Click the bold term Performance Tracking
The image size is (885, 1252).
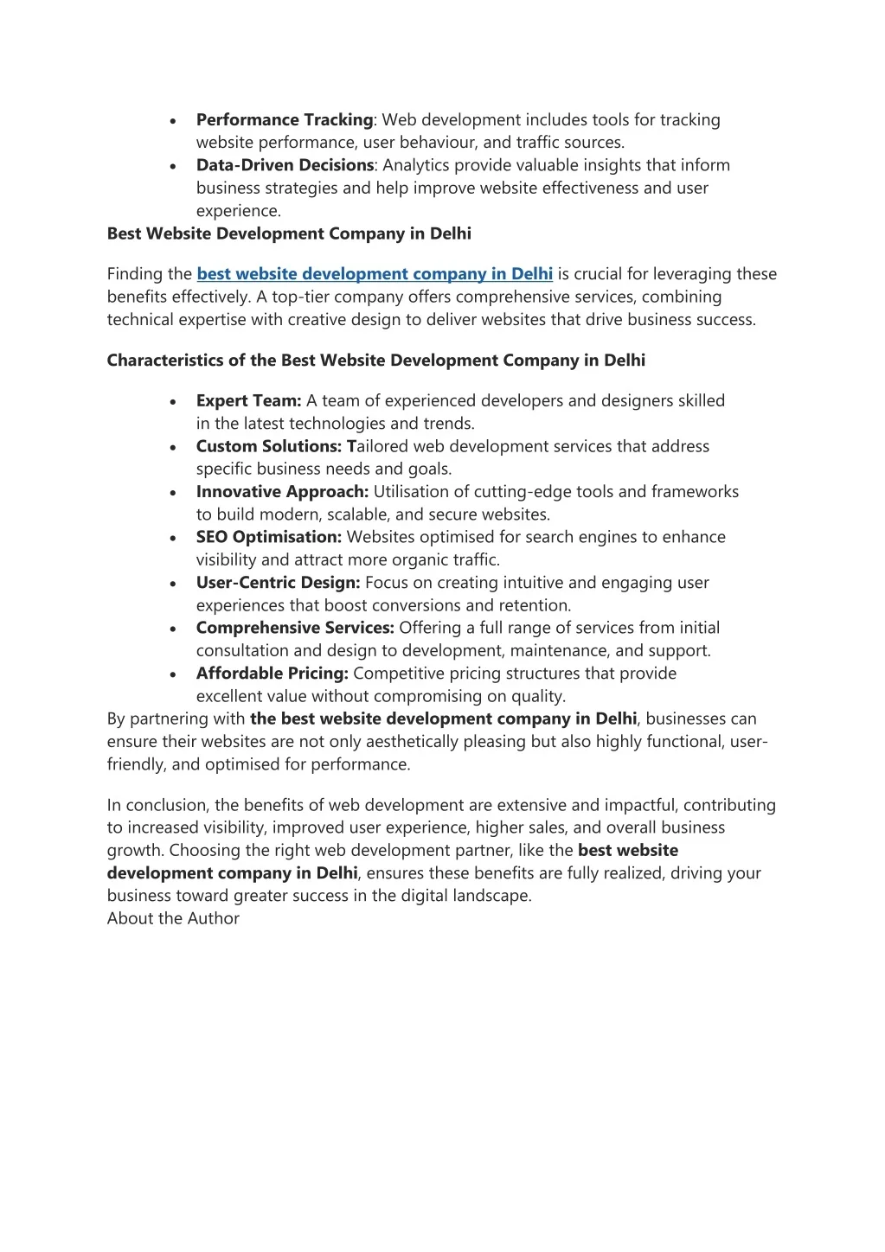[x=285, y=120]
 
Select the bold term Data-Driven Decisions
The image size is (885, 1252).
[x=285, y=165]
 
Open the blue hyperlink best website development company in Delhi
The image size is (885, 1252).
[x=375, y=274]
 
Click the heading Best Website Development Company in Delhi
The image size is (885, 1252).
[x=289, y=233]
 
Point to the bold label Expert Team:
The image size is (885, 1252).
[x=248, y=401]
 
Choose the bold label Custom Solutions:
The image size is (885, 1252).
[x=269, y=446]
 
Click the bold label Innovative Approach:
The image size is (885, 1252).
[x=282, y=492]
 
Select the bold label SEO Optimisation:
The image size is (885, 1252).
[x=269, y=537]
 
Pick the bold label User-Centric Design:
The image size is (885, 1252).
[x=278, y=583]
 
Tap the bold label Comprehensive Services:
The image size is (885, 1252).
[x=295, y=628]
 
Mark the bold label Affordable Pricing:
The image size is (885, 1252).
[x=272, y=674]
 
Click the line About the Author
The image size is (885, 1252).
[x=173, y=918]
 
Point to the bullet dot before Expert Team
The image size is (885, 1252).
[x=174, y=402]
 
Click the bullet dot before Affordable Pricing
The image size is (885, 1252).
[x=174, y=674]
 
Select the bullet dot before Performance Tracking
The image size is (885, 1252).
[x=174, y=121]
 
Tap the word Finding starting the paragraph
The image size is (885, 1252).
[x=136, y=274]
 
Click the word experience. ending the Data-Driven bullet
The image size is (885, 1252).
[x=239, y=211]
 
